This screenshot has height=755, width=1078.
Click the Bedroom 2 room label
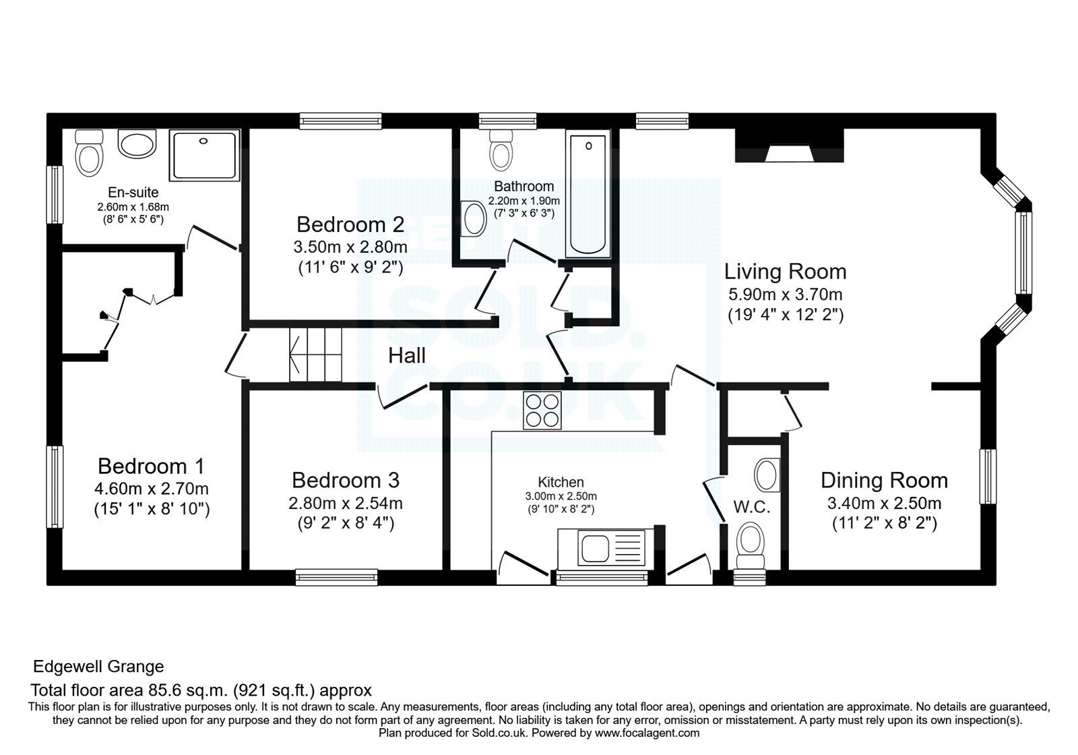pyautogui.click(x=350, y=223)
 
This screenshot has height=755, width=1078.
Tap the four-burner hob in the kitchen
pyautogui.click(x=542, y=409)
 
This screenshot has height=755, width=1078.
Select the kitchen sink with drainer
pyautogui.click(x=601, y=547)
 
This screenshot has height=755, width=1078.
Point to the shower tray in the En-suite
pyautogui.click(x=205, y=156)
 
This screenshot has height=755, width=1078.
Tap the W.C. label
pyautogui.click(x=752, y=507)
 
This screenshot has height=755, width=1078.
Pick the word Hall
pyautogui.click(x=406, y=355)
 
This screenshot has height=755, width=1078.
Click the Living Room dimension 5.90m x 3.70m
pyautogui.click(x=785, y=295)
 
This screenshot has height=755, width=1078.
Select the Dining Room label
pyautogui.click(x=884, y=480)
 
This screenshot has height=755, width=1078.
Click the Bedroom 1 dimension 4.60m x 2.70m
pyautogui.click(x=152, y=488)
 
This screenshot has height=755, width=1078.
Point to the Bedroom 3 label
pyautogui.click(x=345, y=480)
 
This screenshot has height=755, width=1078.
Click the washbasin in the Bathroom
pyautogui.click(x=474, y=219)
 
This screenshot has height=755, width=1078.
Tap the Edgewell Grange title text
pyautogui.click(x=99, y=667)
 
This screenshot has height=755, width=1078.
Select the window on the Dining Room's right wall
pyautogui.click(x=988, y=477)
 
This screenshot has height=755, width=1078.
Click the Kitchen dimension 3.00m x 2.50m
pyautogui.click(x=561, y=496)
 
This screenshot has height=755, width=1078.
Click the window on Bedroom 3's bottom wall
pyautogui.click(x=336, y=577)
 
